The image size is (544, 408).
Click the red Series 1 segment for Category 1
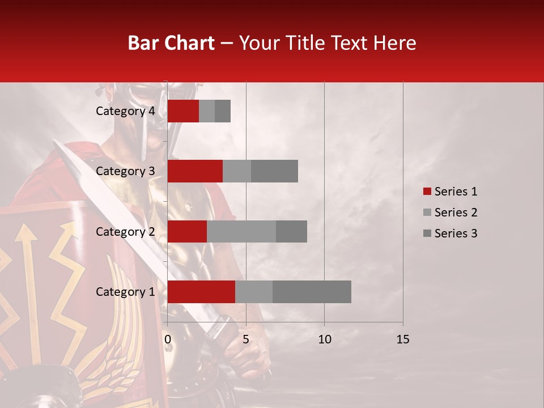click(201, 292)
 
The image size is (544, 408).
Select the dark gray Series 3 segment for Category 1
click(312, 292)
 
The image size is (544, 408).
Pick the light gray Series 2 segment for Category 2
click(241, 231)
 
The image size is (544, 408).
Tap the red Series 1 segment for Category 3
click(195, 171)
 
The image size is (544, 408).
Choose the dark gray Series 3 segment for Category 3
click(274, 171)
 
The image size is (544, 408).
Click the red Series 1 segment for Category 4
click(183, 111)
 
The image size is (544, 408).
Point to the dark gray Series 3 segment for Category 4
click(223, 111)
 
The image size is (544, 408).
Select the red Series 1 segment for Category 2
click(187, 231)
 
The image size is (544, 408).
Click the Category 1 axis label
click(125, 292)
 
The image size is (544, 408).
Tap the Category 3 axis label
click(125, 171)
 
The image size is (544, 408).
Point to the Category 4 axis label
click(125, 111)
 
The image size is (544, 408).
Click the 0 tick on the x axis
click(168, 339)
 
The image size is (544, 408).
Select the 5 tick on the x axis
click(246, 339)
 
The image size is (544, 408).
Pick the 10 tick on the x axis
click(324, 339)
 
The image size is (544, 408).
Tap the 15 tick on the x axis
click(402, 339)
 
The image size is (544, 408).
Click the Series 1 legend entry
click(450, 192)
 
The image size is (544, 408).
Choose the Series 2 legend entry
click(450, 212)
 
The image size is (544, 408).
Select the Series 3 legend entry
click(450, 233)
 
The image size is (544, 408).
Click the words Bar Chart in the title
click(171, 43)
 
